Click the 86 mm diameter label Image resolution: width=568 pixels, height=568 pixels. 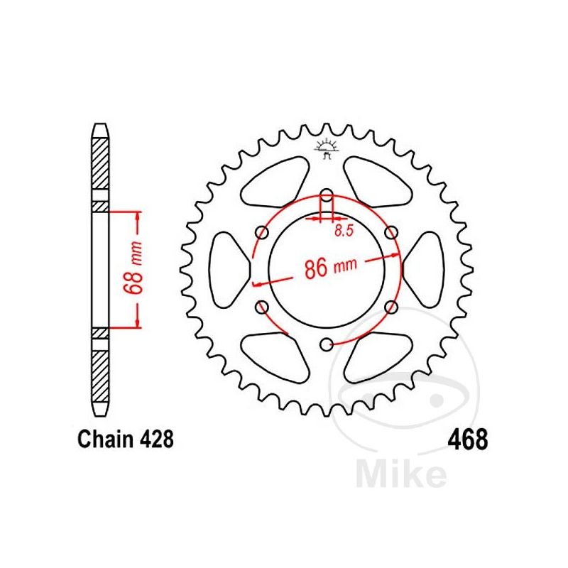coord(329,268)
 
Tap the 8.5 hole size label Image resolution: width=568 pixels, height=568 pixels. coord(344,230)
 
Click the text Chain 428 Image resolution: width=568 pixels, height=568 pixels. coord(124,439)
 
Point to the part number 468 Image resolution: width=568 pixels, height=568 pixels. coord(467,439)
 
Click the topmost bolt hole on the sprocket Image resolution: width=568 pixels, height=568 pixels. coord(326,195)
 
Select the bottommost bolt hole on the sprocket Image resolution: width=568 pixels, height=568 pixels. coord(326,344)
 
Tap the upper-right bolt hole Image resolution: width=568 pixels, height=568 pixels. coord(390,233)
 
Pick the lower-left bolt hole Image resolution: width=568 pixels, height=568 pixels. coord(261,307)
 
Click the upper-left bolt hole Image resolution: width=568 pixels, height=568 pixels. coord(261,233)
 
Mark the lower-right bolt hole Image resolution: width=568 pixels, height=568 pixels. coord(390,307)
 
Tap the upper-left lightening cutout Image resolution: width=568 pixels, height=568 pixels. coord(277,187)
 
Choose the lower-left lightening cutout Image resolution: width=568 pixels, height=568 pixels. coord(277,353)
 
